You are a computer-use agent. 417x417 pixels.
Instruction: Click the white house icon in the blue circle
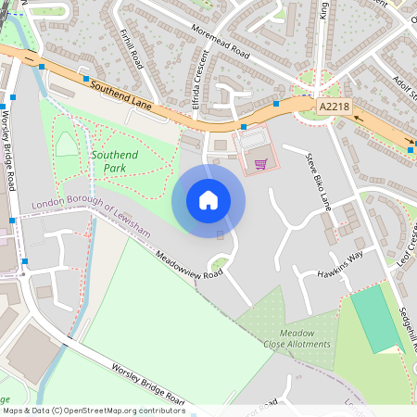[x=208, y=200]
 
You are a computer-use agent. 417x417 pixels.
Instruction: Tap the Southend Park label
[x=115, y=162]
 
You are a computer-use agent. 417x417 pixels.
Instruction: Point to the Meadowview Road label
[x=189, y=265]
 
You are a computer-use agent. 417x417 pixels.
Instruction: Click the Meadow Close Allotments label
[x=297, y=338]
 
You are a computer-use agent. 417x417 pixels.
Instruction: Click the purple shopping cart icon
[x=261, y=165]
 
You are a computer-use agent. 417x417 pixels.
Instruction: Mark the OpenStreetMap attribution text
[x=93, y=411]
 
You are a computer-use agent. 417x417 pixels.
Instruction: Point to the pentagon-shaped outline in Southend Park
[x=67, y=144]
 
